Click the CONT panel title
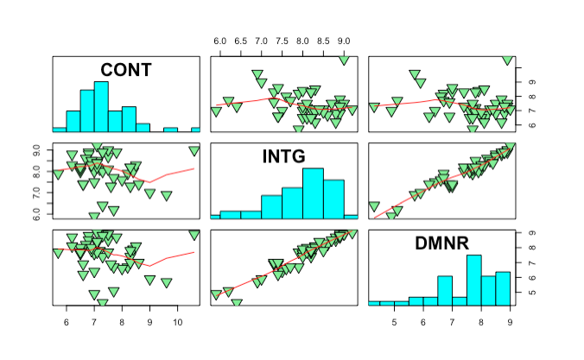(x=126, y=70)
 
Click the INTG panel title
(x=284, y=156)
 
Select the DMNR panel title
(x=442, y=246)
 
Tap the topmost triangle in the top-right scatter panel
(x=508, y=60)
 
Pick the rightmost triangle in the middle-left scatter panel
(x=194, y=151)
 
